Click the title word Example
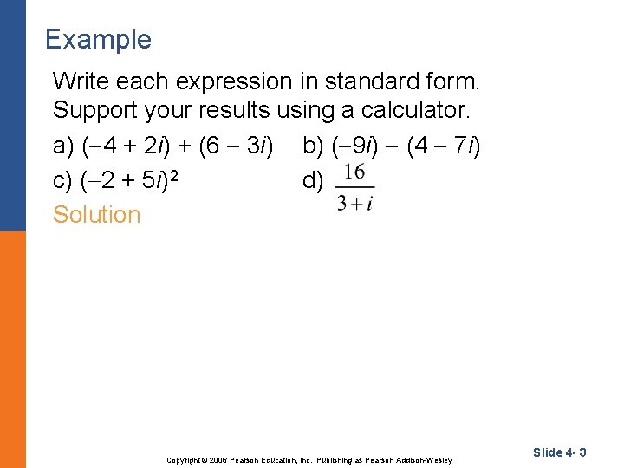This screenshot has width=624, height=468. pyautogui.click(x=98, y=40)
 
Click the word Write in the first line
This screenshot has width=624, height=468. pyautogui.click(x=79, y=81)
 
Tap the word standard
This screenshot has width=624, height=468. pyautogui.click(x=367, y=81)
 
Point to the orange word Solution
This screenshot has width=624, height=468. pyautogui.click(x=96, y=214)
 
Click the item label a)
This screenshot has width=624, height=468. pyautogui.click(x=63, y=146)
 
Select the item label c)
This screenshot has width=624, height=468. pyautogui.click(x=63, y=180)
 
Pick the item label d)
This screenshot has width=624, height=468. pyautogui.click(x=313, y=180)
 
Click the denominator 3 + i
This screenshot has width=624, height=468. pyautogui.click(x=354, y=204)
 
